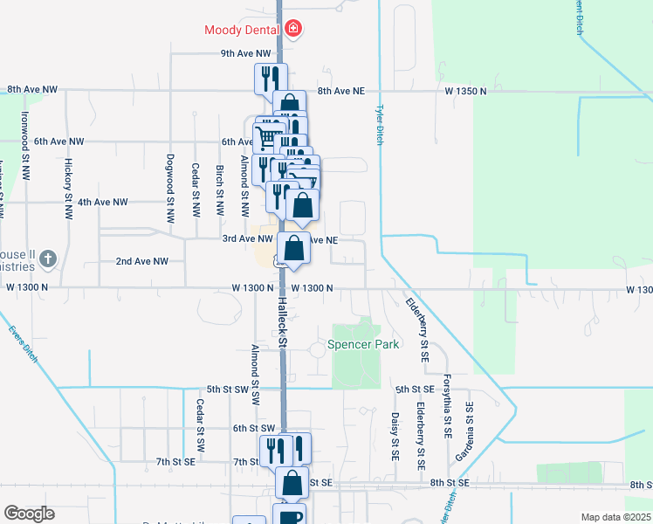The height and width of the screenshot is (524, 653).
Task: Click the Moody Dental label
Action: click(x=242, y=30)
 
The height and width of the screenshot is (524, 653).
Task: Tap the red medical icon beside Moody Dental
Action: click(x=293, y=29)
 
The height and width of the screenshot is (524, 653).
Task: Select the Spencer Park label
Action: click(x=363, y=344)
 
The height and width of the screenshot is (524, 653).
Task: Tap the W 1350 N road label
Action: click(x=466, y=91)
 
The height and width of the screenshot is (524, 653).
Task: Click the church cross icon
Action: click(x=49, y=259)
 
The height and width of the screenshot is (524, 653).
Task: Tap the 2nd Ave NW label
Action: click(x=141, y=261)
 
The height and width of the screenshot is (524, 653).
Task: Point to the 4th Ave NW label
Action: click(x=102, y=202)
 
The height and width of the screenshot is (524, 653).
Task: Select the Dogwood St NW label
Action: click(x=169, y=185)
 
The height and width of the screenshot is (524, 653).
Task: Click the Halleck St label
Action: click(x=283, y=321)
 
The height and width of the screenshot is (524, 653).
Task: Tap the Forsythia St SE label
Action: click(x=447, y=401)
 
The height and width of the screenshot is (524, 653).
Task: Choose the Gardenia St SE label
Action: click(x=470, y=431)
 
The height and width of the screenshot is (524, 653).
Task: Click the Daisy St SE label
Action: click(x=395, y=436)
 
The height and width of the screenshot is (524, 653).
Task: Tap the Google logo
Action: click(x=30, y=513)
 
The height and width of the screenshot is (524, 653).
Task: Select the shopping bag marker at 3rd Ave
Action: click(x=294, y=249)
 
